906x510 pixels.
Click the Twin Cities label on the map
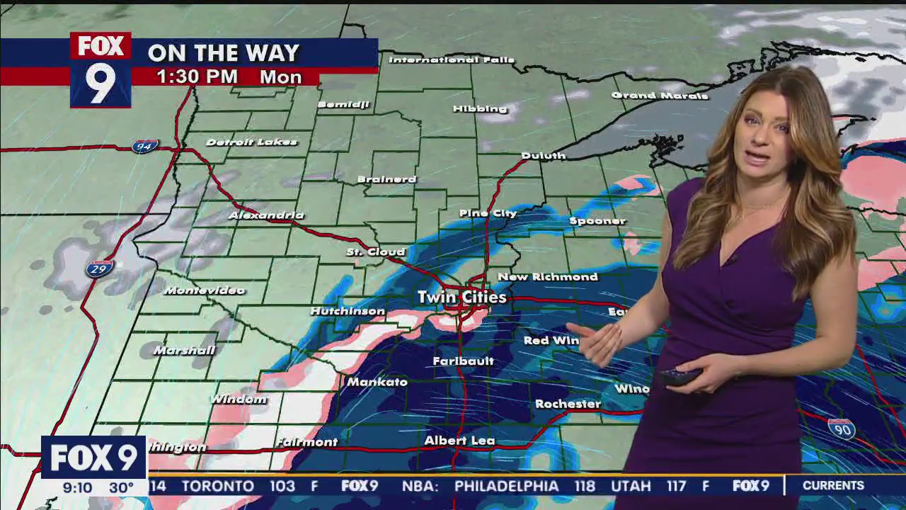click(461, 297)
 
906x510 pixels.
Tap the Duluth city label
click(543, 156)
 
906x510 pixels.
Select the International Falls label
click(452, 60)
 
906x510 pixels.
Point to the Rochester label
click(568, 404)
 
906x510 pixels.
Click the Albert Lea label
click(459, 441)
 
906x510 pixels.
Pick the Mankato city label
click(377, 382)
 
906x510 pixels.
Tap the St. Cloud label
click(375, 252)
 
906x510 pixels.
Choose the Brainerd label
click(386, 179)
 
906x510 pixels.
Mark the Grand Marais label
click(659, 96)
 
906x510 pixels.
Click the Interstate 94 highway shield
click(144, 147)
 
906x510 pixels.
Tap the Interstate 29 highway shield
click(100, 269)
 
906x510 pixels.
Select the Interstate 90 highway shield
click(841, 429)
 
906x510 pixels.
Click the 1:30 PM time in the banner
click(197, 77)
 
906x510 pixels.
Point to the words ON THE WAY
click(224, 52)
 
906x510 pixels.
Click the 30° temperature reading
click(121, 488)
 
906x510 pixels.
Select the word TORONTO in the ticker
click(218, 487)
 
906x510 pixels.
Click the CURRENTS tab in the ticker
click(833, 486)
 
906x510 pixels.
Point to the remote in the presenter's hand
click(678, 377)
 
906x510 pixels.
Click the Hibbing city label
click(481, 109)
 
